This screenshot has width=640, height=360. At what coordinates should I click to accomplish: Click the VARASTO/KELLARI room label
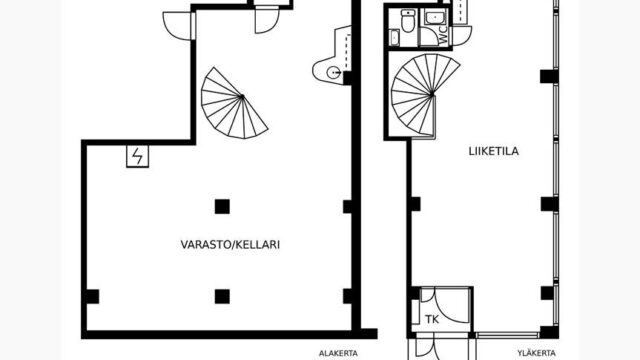tap(230, 244)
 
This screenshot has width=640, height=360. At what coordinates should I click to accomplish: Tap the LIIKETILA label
tap(493, 151)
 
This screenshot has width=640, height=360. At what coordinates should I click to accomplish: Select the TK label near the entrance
tap(432, 319)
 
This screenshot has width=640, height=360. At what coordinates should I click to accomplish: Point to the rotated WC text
tap(443, 36)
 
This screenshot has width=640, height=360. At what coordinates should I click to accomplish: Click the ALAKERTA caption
tap(338, 353)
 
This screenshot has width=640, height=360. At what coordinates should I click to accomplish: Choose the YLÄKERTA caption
tap(536, 353)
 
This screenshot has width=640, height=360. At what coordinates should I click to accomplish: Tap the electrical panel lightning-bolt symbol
tap(138, 156)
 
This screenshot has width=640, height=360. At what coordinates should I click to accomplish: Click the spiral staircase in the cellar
tap(234, 103)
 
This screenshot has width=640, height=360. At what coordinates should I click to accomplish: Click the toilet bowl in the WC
tap(408, 21)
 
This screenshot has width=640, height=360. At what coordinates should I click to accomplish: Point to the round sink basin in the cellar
tap(334, 72)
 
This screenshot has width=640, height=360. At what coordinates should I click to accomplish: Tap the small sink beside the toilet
tap(395, 38)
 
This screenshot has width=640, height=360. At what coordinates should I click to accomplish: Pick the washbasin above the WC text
tap(433, 18)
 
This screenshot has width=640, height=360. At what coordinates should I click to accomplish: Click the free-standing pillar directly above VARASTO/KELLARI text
tap(222, 207)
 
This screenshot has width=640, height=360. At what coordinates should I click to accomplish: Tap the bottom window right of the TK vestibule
tap(507, 335)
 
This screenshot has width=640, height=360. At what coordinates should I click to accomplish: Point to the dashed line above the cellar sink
tap(348, 52)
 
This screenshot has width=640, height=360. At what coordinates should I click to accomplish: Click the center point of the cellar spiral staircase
tap(242, 97)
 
